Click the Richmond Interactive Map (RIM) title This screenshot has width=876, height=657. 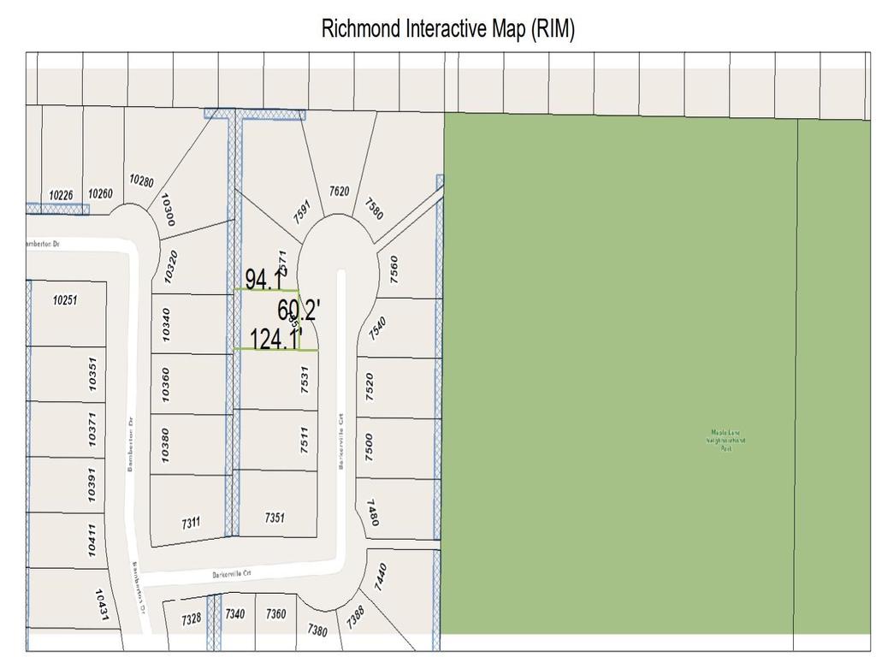point(447,28)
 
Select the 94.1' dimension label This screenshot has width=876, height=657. point(265,280)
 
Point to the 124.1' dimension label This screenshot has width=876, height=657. point(275,340)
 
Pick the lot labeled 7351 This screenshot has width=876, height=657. point(274,518)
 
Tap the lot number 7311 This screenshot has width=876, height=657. point(190,521)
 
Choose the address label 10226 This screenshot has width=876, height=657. point(61,195)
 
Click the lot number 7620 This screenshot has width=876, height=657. point(339,192)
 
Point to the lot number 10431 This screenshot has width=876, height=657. point(103,605)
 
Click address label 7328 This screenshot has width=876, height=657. point(191,618)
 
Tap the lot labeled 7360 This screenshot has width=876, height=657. point(275,613)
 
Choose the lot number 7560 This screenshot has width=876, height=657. point(394,269)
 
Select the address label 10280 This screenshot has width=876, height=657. point(141,181)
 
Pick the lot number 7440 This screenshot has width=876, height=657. point(382,575)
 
